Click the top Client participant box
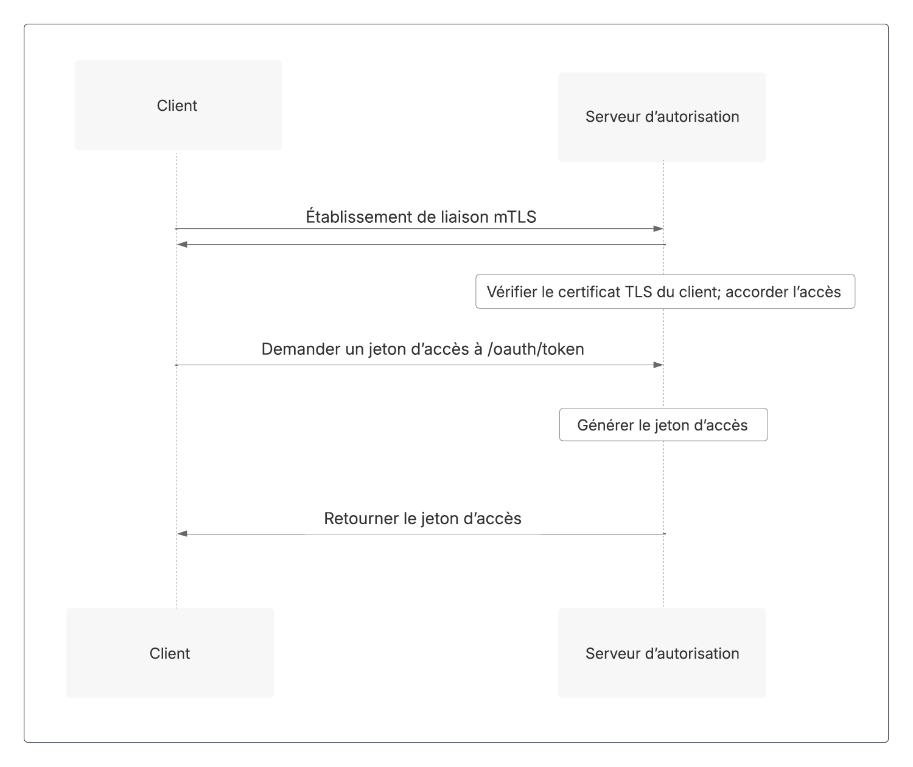click(x=178, y=105)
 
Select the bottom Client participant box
click(x=170, y=653)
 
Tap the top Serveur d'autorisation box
click(x=662, y=117)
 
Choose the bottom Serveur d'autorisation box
click(x=662, y=653)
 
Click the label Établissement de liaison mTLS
click(x=421, y=217)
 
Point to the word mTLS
click(x=515, y=217)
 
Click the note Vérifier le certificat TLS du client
click(x=665, y=292)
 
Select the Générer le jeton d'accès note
click(x=663, y=425)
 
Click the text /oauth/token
click(x=536, y=349)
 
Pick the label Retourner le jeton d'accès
click(x=422, y=519)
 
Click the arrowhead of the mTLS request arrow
click(x=659, y=229)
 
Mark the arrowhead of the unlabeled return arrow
click(x=182, y=245)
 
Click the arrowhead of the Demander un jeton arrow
click(x=659, y=365)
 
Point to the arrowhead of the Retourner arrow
click(x=182, y=533)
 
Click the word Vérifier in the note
click(x=512, y=292)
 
